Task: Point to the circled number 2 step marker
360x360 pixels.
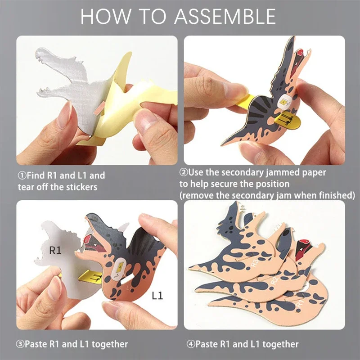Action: [184, 172]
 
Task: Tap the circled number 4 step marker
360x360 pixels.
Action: [190, 344]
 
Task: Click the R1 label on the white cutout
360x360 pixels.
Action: [55, 251]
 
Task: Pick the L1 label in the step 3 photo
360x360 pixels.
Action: [157, 296]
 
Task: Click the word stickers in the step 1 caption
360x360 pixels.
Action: [81, 186]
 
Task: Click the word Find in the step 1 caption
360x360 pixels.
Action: [36, 175]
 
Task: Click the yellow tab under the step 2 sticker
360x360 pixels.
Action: [289, 119]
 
